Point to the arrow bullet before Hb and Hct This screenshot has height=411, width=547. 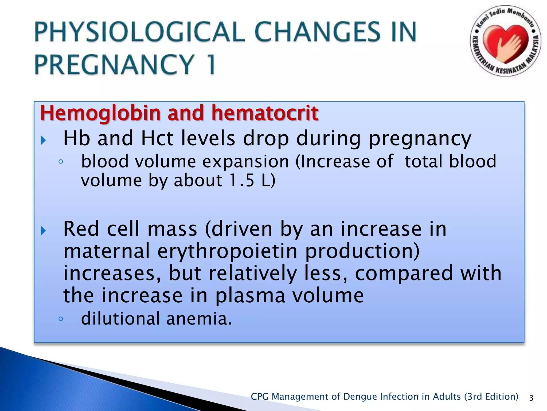coord(44,140)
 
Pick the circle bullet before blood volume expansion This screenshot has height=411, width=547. coord(61,162)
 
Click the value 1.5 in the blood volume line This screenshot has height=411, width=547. coord(242,181)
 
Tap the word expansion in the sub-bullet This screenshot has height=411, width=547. coord(245,162)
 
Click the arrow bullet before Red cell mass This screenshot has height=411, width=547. coord(44,231)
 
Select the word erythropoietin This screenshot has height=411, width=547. coord(227,251)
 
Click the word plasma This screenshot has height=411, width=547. coord(250,296)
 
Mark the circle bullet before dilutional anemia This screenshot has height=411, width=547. coord(61,319)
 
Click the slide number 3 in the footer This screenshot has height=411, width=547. coord(531,398)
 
